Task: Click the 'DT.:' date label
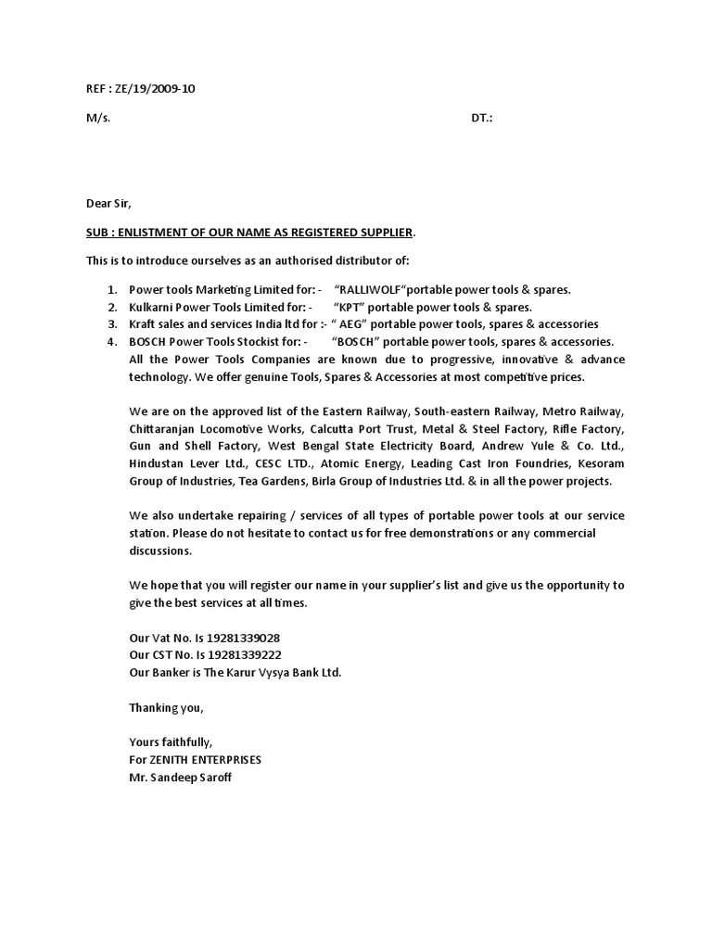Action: point(482,120)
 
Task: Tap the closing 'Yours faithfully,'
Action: point(171,742)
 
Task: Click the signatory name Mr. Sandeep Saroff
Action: point(181,778)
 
